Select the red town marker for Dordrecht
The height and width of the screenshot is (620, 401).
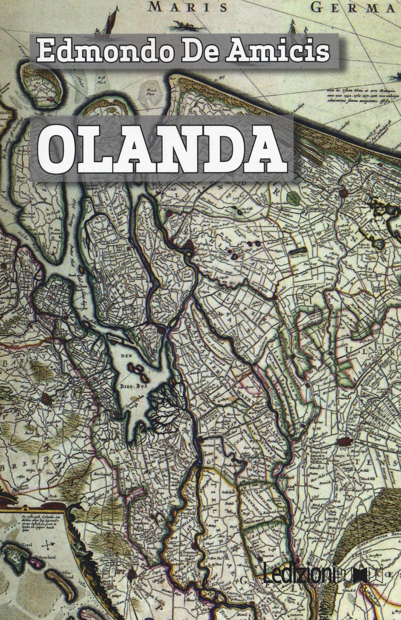tap(162, 331)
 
